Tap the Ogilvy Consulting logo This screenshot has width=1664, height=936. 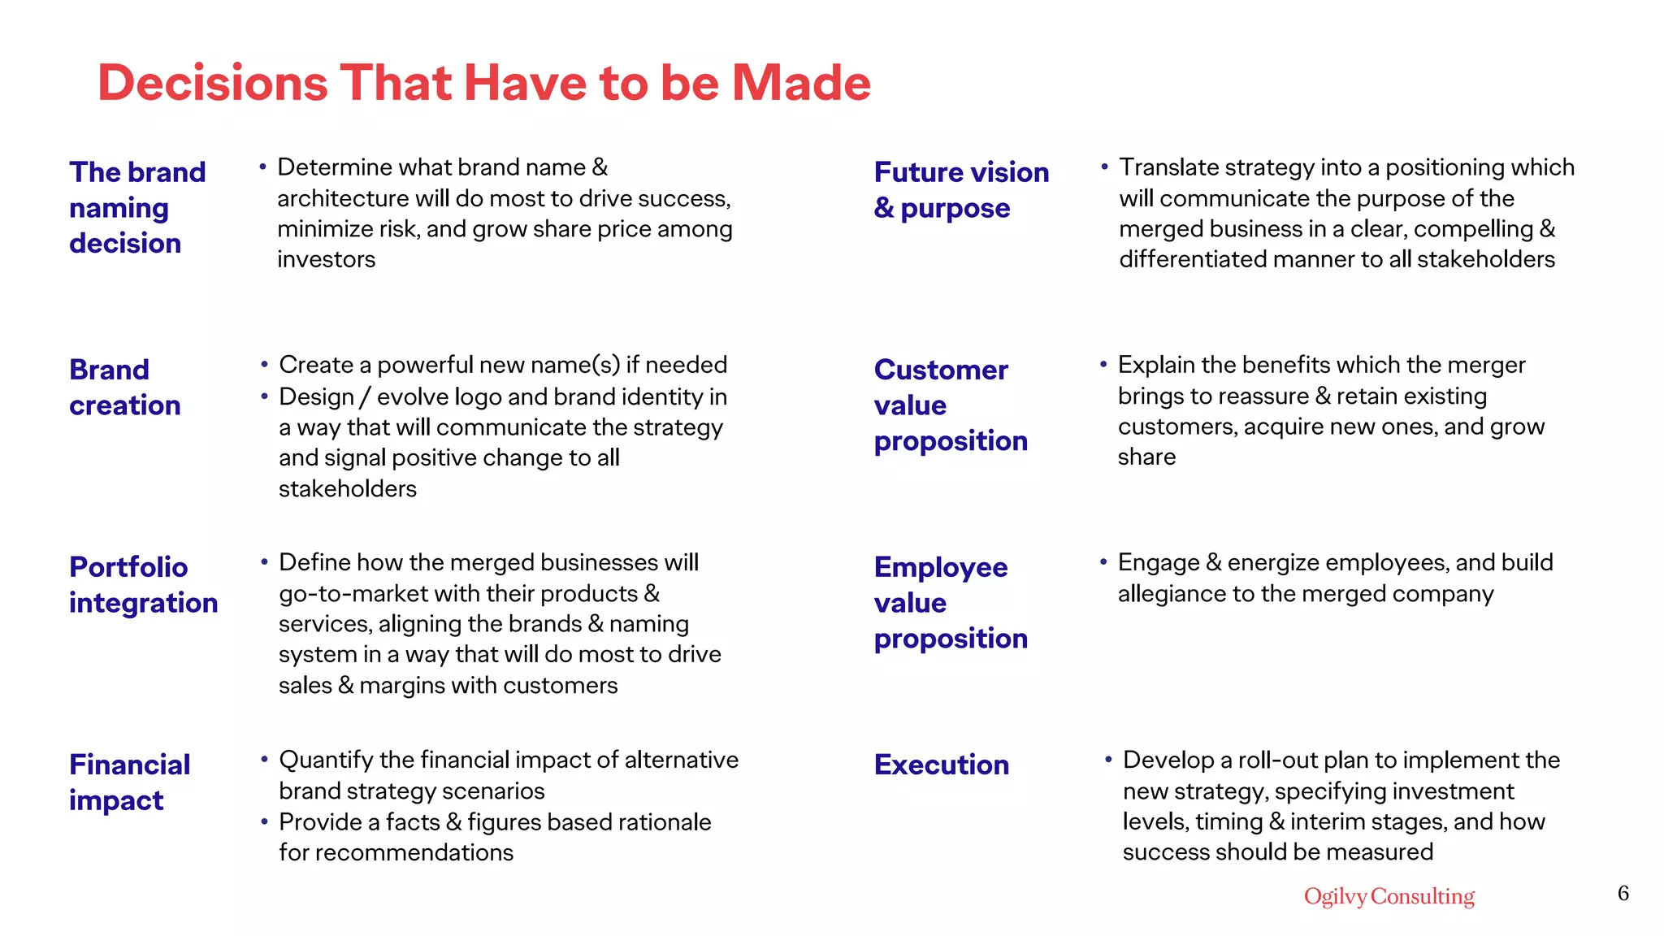click(x=1389, y=896)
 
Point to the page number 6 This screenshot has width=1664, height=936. click(x=1623, y=893)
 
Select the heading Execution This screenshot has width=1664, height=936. click(x=941, y=765)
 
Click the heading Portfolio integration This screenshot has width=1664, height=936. click(x=143, y=585)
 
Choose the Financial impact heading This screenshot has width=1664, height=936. click(x=129, y=782)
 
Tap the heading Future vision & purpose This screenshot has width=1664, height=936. click(x=961, y=190)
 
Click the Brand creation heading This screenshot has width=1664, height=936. click(x=124, y=388)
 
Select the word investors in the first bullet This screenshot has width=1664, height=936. click(x=326, y=260)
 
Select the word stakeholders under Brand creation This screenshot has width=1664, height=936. click(x=347, y=489)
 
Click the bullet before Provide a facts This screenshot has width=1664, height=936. click(x=264, y=821)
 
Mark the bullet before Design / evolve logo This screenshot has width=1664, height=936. click(x=264, y=396)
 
